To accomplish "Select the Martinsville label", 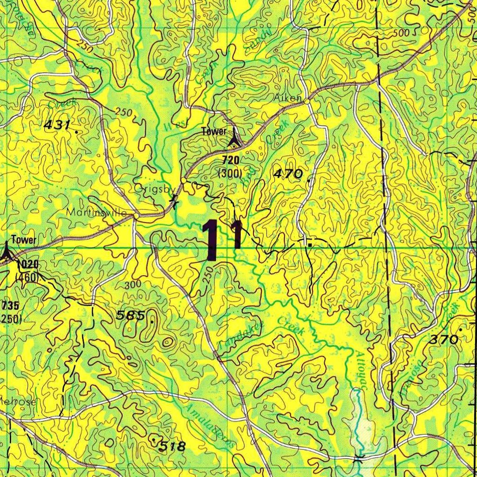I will tap(96, 212).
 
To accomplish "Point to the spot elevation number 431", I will tap(57, 125).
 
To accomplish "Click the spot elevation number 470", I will tap(288, 174).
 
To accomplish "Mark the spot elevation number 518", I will tap(172, 446).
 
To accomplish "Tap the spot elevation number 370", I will tap(444, 340).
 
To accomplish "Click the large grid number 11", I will tap(222, 240).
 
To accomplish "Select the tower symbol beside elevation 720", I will tap(234, 138).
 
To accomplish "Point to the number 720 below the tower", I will tap(231, 161).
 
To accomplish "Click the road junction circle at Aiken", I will tap(307, 100).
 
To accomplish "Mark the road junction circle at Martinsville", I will tap(136, 217).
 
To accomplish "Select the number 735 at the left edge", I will tap(10, 306).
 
